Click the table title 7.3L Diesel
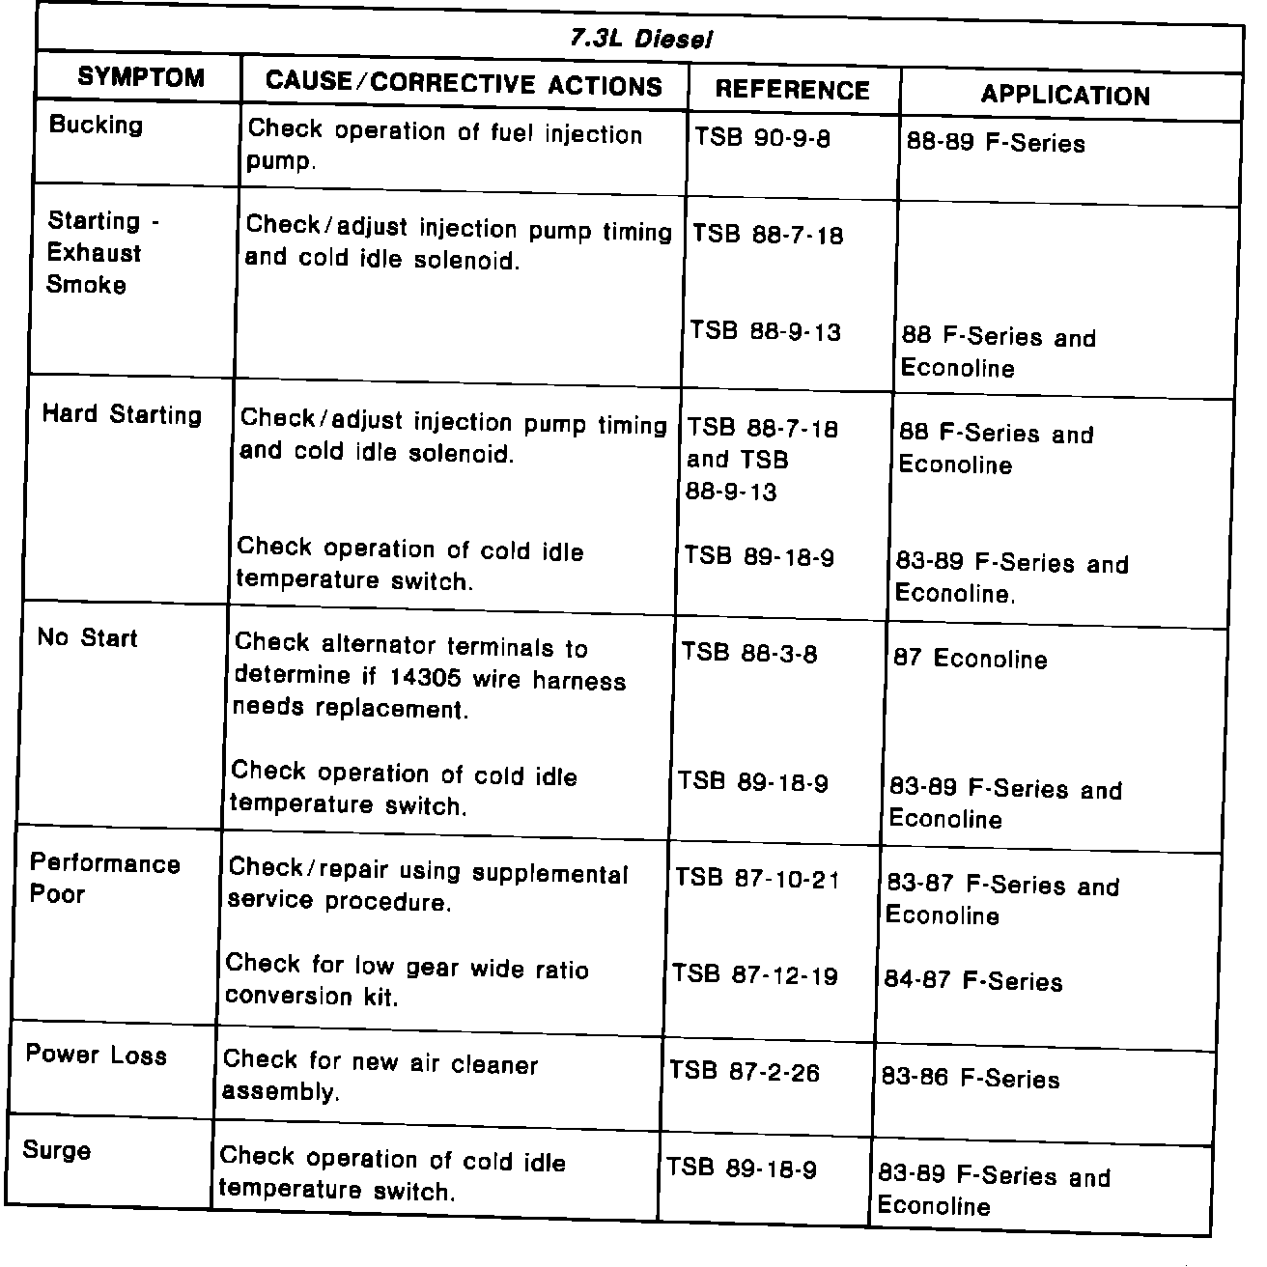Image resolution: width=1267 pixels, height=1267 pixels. [x=640, y=40]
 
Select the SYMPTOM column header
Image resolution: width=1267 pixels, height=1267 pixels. [x=141, y=77]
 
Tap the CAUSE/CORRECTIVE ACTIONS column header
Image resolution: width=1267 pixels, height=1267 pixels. [x=464, y=83]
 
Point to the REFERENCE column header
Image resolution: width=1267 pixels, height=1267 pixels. [x=792, y=91]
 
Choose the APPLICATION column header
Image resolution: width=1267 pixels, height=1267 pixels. [x=1065, y=96]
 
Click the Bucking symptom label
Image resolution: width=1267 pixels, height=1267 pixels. [x=96, y=125]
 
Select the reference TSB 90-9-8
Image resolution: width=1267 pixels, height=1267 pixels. [x=762, y=138]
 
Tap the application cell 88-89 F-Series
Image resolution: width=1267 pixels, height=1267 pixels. [x=996, y=144]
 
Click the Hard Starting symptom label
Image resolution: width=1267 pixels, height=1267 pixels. [x=122, y=415]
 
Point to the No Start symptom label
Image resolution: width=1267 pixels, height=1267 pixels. [x=87, y=637]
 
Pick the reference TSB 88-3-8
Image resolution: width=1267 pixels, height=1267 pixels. [x=749, y=654]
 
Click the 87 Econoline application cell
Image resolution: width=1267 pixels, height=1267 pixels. [x=970, y=660]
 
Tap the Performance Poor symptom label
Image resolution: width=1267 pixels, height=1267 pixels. [x=104, y=878]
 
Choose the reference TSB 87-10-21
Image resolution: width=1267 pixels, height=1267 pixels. [x=757, y=879]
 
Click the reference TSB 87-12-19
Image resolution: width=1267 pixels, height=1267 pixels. [x=755, y=975]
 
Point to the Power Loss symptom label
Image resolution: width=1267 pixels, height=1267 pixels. [x=96, y=1055]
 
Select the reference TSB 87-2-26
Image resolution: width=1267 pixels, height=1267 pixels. [x=744, y=1072]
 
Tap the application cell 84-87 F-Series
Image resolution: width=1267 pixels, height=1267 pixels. [x=973, y=982]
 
